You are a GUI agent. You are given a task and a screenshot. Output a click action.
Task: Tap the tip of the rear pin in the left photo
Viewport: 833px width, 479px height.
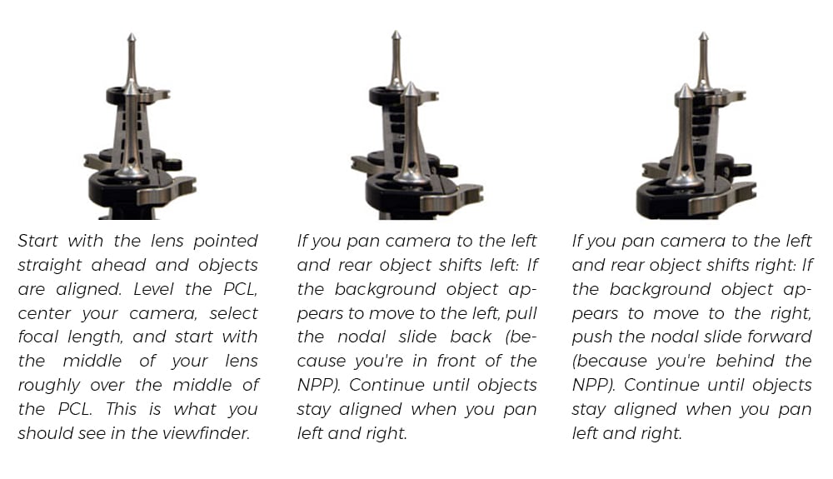132,36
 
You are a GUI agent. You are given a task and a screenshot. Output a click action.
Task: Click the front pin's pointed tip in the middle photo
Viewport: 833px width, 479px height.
411,85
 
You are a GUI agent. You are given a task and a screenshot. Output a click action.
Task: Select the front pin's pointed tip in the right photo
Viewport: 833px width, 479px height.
685,87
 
